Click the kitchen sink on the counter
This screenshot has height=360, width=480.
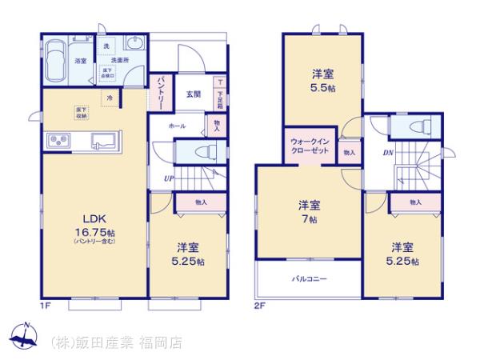click(x=102, y=142)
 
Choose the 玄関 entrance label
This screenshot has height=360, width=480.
click(x=194, y=94)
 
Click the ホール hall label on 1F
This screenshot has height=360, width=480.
click(x=178, y=126)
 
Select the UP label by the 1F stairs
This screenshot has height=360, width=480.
click(x=168, y=178)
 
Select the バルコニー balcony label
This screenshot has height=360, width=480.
click(x=308, y=278)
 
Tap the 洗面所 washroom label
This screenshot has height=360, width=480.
click(x=120, y=61)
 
